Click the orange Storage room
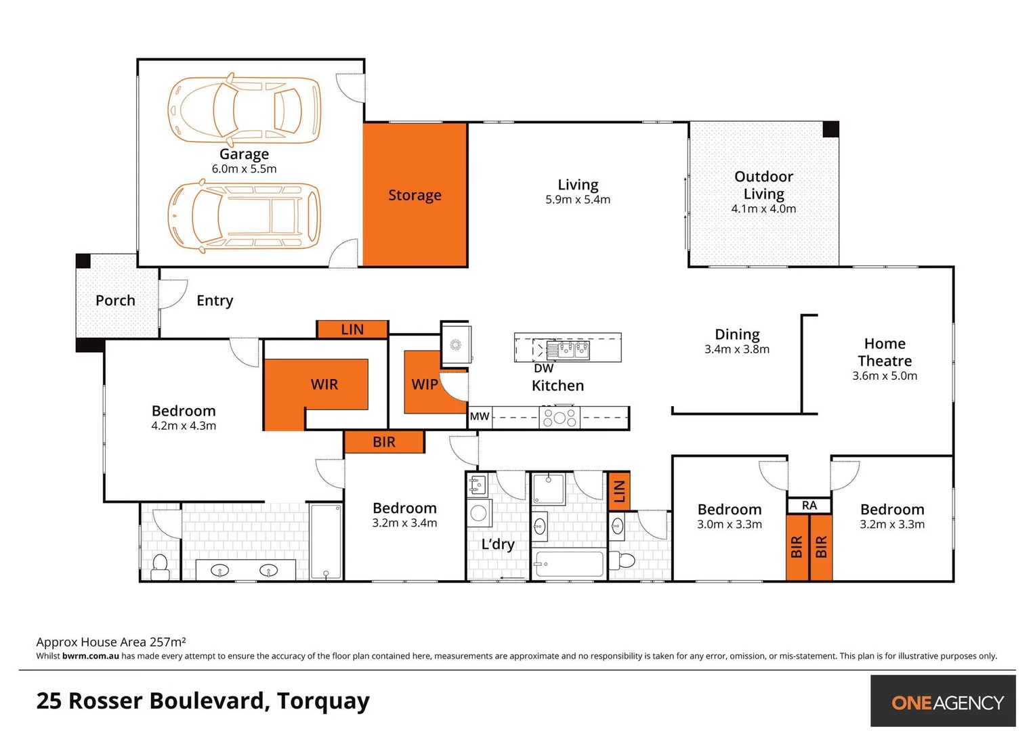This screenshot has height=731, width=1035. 415,194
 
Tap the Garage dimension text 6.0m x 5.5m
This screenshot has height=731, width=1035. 244,169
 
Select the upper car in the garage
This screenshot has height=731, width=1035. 244,110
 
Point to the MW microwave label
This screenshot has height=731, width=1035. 480,417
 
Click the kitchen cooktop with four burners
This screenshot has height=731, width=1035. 559,417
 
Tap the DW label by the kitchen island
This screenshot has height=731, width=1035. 543,369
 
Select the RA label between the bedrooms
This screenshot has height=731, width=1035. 809,506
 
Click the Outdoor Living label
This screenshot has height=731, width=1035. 763,185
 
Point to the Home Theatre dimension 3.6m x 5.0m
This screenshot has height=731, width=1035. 885,376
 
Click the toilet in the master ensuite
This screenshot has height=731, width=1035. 161,567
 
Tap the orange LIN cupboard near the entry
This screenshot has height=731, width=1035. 352,330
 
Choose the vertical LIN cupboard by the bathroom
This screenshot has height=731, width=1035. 618,491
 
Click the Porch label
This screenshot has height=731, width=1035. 115,301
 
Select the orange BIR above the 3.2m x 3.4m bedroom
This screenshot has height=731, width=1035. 384,442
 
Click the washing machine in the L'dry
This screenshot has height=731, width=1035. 479,513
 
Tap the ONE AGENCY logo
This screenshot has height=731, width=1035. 946,702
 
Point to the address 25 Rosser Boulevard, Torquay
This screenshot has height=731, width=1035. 203,701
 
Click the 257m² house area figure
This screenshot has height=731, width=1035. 167,642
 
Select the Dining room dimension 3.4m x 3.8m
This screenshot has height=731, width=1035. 737,350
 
